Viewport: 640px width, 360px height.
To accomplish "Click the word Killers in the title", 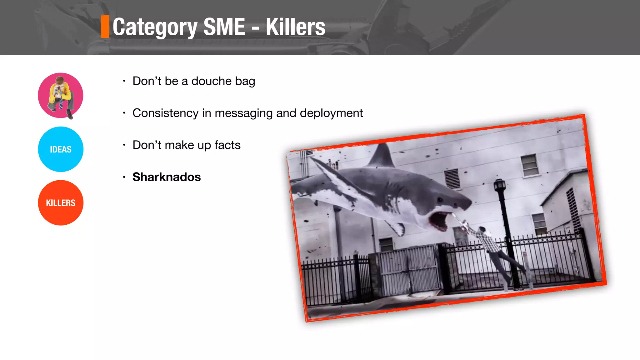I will pos(295,27).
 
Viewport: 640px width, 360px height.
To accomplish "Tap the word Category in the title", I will pos(155,27).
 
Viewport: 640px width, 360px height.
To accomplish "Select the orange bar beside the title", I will pos(105,27).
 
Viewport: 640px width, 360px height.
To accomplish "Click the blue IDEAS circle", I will pos(61,149).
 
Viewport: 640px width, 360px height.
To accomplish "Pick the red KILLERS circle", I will pos(61,203).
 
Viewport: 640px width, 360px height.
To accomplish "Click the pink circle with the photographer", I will pos(61,95).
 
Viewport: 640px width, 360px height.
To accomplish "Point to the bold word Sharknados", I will pos(167,177).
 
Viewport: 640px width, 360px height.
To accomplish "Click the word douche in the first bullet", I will pos(211,81).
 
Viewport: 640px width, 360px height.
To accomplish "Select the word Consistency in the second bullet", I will pos(165,113).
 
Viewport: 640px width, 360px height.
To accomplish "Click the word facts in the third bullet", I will pos(227,145).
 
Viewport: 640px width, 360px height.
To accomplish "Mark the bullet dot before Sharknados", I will pos(124,177).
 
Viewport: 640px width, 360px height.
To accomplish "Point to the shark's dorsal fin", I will pos(382,155).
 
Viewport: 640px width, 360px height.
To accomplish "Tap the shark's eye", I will pos(440,199).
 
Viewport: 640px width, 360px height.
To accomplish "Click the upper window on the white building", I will pos(529,165).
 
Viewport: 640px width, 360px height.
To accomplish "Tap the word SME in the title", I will pos(224,27).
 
